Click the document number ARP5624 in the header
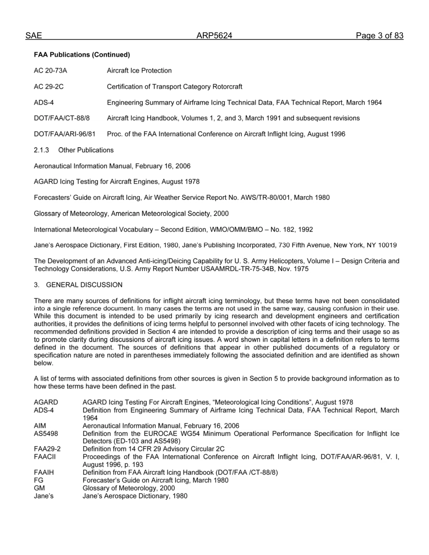pos(214,36)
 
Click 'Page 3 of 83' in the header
pos(379,36)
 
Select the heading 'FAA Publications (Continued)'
pos(82,55)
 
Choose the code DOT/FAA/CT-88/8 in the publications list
pos(62,118)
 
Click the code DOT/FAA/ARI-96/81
pos(65,134)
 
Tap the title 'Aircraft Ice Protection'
pos(139,70)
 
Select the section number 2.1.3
pos(41,150)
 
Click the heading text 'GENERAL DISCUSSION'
pos(84,285)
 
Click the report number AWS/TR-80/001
pos(268,198)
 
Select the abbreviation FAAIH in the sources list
pos(44,472)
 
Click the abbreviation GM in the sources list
pos(39,488)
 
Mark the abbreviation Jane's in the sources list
pos(43,496)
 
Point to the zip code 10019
pos(387,245)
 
